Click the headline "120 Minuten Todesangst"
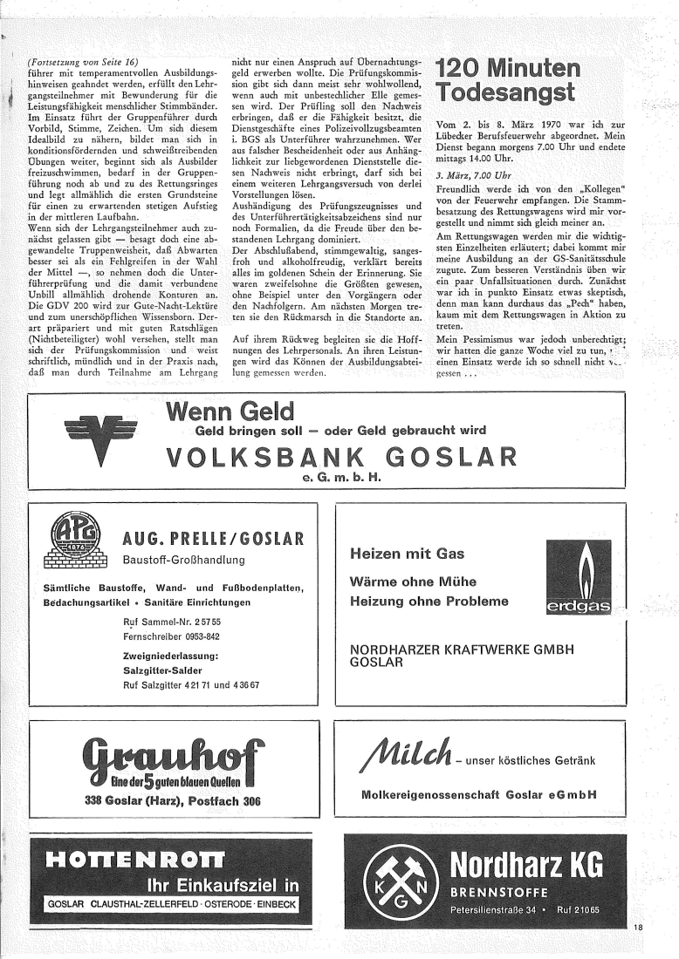(508, 80)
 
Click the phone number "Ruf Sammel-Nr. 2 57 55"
(173, 622)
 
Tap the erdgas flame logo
(578, 578)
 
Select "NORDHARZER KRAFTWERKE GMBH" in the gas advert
(468, 649)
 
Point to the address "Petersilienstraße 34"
(492, 910)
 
